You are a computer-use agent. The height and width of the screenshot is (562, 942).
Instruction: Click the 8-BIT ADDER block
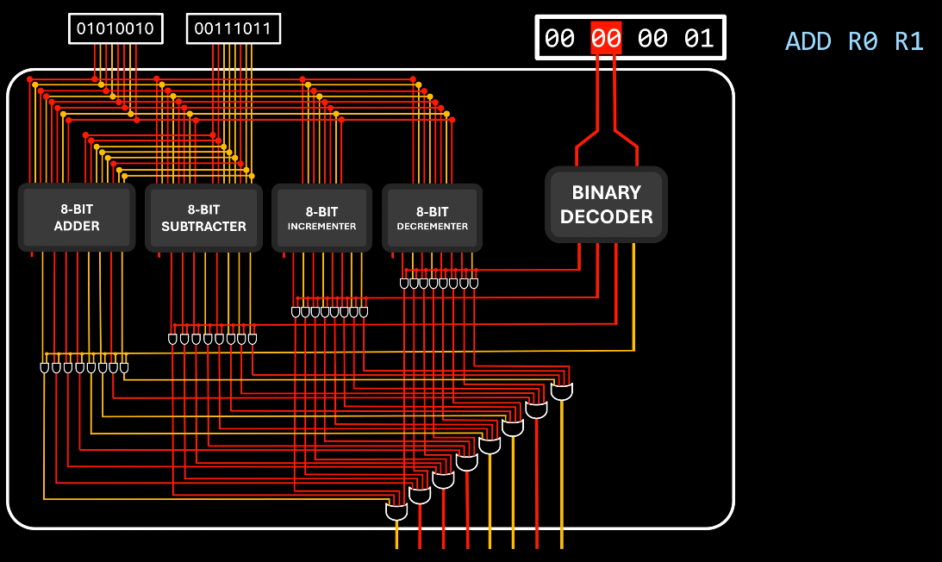coord(77,217)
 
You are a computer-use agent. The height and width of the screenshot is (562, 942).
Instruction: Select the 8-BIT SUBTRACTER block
coord(203,217)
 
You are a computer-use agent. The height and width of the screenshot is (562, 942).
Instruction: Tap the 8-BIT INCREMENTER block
coord(321,218)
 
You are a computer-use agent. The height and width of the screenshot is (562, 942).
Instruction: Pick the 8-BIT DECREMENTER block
coord(432,218)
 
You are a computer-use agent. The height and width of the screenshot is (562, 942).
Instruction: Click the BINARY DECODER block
coord(606,204)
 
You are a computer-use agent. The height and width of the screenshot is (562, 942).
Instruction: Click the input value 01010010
coord(115,29)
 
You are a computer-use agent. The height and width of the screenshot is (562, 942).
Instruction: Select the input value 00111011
coord(233,29)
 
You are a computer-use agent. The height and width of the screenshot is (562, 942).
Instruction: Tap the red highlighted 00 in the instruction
coord(605,39)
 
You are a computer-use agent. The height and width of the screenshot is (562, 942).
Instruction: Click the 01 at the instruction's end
coord(699,39)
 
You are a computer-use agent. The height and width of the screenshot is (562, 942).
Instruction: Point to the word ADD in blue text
coord(808,41)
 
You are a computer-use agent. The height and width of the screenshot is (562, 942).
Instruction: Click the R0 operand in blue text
coord(863,41)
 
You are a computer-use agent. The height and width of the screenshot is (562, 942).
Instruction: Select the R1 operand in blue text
coord(909,41)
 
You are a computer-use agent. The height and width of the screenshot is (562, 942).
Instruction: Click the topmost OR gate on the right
coord(562,392)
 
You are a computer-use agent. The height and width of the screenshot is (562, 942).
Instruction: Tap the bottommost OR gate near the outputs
coord(396,512)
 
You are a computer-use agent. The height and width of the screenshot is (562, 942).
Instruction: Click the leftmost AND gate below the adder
coord(45,368)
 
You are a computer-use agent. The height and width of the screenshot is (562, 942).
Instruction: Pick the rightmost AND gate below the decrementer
coord(473,283)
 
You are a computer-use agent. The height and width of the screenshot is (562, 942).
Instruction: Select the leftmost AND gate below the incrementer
coord(296,312)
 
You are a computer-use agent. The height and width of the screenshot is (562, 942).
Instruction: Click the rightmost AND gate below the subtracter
coord(253,340)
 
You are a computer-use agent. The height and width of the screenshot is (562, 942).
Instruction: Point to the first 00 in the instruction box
coord(559,39)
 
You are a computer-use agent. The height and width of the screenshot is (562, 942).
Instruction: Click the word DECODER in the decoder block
coord(606,216)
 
